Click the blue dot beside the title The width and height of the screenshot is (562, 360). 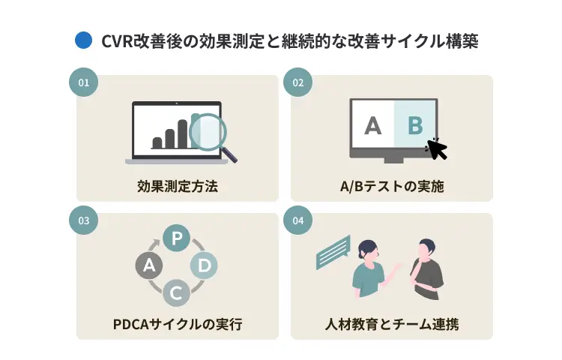click(83, 40)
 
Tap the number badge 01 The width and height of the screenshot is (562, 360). click(83, 82)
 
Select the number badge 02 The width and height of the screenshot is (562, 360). click(297, 82)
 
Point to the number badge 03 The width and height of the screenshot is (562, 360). click(83, 220)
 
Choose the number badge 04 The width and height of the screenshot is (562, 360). click(297, 220)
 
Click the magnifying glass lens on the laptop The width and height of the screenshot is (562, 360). click(208, 132)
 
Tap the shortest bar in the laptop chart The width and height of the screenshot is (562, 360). click(157, 142)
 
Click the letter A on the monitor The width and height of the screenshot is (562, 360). click(372, 125)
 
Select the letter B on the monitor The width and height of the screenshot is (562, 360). click(415, 125)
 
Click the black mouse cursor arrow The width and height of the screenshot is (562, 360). click(437, 148)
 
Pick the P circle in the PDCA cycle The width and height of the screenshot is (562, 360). click(176, 238)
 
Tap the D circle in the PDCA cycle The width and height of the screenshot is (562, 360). click(204, 265)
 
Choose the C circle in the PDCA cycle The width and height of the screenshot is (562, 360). click(176, 293)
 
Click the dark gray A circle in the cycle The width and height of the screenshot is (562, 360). click(149, 265)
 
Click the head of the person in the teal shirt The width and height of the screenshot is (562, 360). click(368, 250)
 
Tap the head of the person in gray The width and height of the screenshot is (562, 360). click(426, 249)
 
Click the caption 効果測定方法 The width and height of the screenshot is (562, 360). click(178, 187)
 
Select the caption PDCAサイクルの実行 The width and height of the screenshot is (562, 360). click(178, 324)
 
